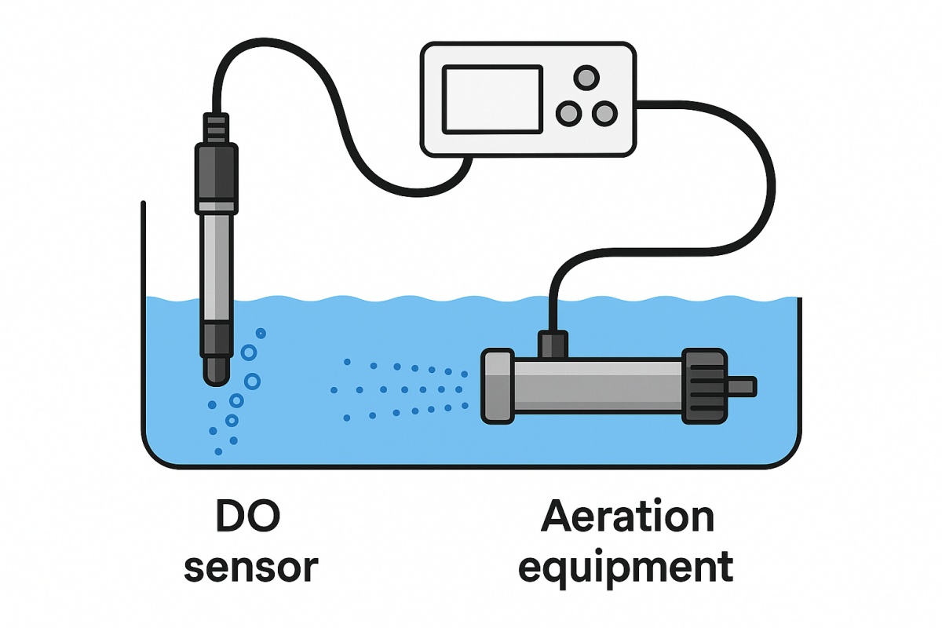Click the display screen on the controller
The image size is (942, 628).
point(492,99)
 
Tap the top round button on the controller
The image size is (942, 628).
point(586,77)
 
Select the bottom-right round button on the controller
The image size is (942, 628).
point(604,114)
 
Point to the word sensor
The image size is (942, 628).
point(250,567)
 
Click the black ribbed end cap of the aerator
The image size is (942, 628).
point(703,386)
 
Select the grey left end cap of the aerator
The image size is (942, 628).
point(496,386)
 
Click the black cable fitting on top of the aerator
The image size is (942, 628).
point(553,344)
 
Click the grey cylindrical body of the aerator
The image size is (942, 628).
point(597,386)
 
